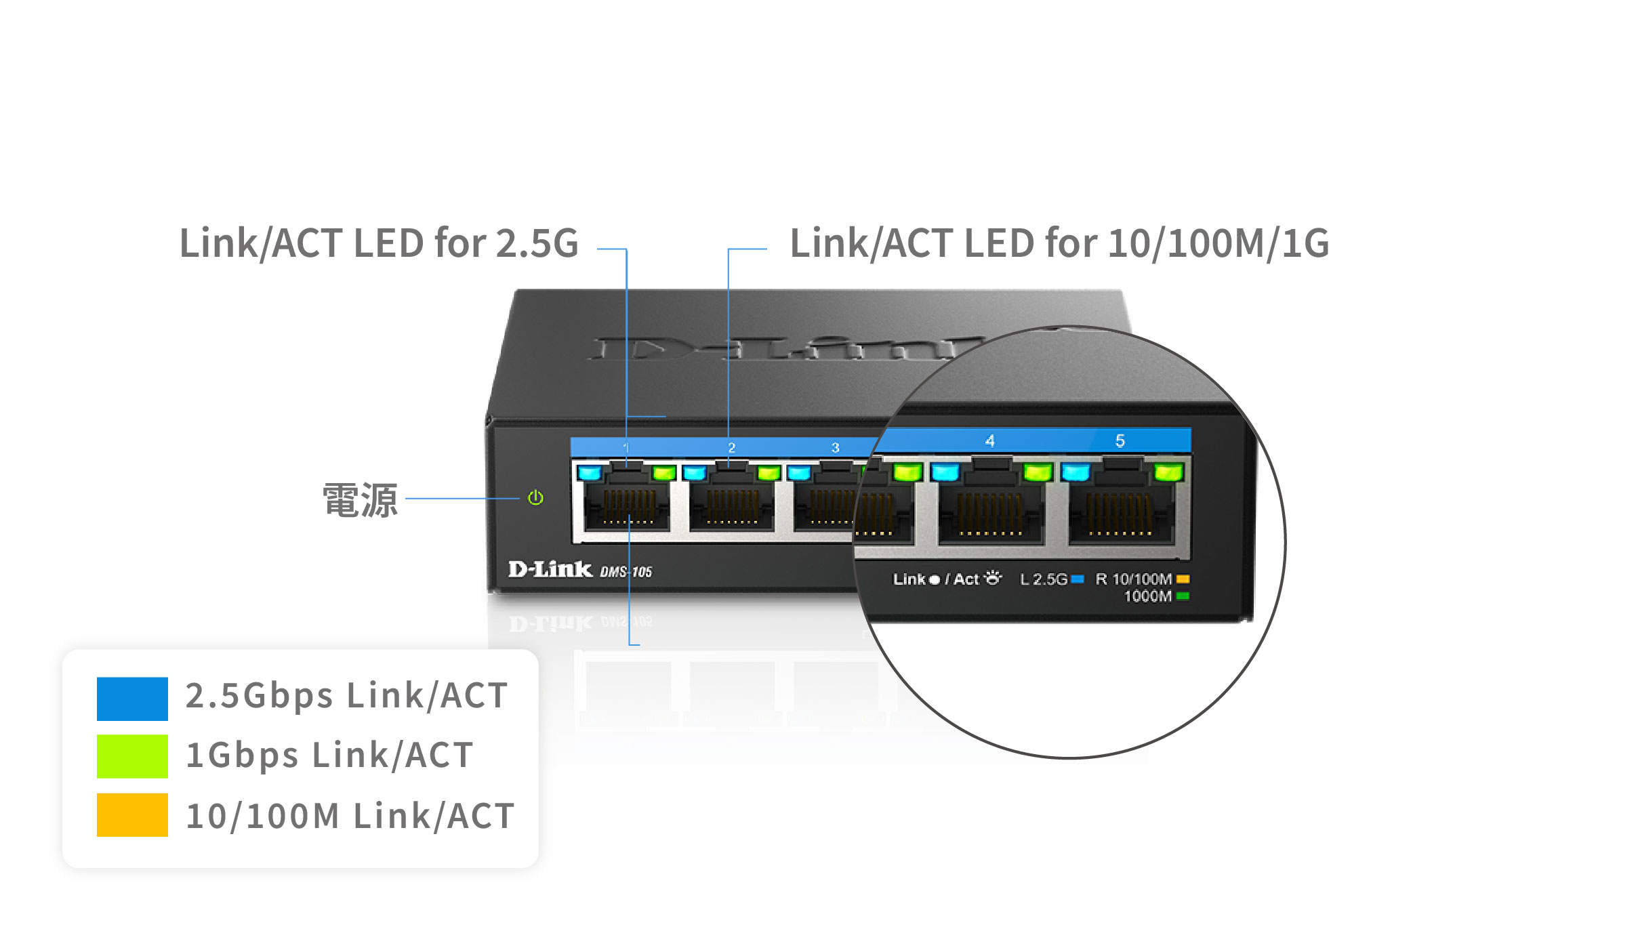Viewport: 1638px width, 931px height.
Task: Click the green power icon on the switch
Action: click(535, 498)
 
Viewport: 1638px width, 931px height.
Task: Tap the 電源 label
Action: click(360, 501)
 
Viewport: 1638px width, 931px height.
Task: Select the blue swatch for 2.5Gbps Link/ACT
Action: click(132, 699)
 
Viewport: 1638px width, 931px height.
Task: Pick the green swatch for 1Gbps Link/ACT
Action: click(132, 756)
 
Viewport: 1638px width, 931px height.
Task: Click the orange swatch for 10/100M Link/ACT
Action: click(132, 815)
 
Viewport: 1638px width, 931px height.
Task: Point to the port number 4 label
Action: click(990, 441)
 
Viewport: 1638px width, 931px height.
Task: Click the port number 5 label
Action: click(1120, 441)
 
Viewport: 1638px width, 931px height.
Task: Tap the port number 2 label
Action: click(732, 448)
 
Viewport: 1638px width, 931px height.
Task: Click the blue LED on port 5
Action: click(1076, 472)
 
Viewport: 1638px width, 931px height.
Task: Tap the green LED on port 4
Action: click(1038, 472)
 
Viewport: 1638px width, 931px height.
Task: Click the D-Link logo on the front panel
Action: click(550, 569)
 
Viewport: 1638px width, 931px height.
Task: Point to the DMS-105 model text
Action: click(626, 572)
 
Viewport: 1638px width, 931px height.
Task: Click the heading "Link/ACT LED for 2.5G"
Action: click(379, 243)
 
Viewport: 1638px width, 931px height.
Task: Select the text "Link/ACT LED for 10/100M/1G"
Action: click(1059, 243)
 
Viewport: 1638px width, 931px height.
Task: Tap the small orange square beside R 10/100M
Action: click(1183, 579)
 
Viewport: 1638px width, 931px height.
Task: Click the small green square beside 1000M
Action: click(1183, 596)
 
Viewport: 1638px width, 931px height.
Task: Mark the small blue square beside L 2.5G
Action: click(1078, 579)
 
